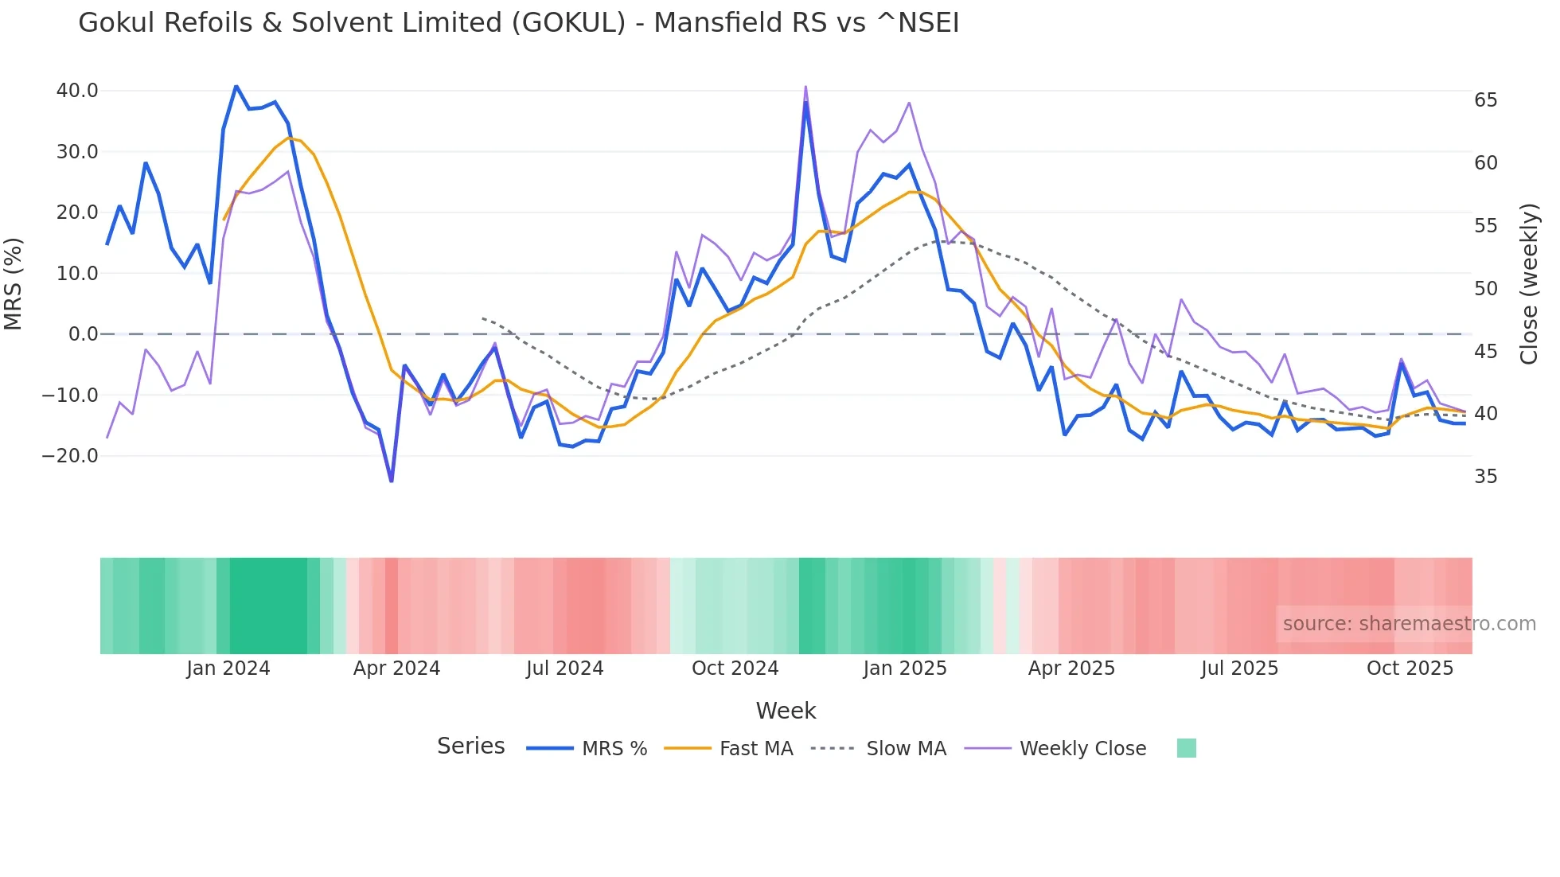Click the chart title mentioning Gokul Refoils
tap(518, 23)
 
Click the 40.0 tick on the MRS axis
tap(77, 91)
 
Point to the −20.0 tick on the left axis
tap(70, 456)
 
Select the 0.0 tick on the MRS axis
tap(83, 334)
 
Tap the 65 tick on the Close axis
tap(1485, 100)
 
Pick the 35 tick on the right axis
tap(1485, 477)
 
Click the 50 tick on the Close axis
tap(1485, 289)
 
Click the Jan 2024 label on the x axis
tap(228, 668)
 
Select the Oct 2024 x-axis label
tap(735, 668)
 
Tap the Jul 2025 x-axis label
tap(1239, 668)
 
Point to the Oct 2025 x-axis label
tap(1410, 668)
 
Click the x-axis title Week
tap(786, 711)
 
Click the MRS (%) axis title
tap(14, 284)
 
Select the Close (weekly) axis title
tap(1528, 284)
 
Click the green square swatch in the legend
tap(1186, 748)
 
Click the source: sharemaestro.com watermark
tap(1409, 624)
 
